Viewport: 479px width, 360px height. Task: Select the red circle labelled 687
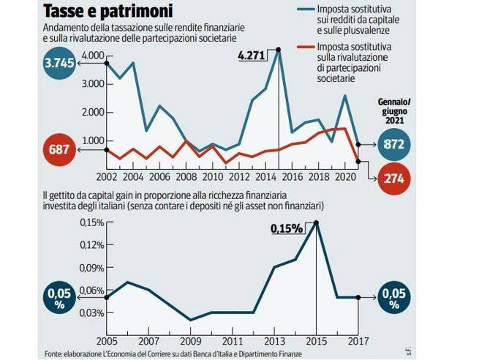60,150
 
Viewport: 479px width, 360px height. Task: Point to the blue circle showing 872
395,145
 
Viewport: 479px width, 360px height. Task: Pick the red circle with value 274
396,179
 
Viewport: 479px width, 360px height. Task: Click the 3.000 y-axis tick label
92,84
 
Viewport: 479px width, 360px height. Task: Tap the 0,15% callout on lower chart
287,228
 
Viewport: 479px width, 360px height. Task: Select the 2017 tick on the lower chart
358,341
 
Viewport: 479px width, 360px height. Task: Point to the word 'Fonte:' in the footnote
54,354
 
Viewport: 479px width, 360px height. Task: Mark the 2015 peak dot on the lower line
317,222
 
